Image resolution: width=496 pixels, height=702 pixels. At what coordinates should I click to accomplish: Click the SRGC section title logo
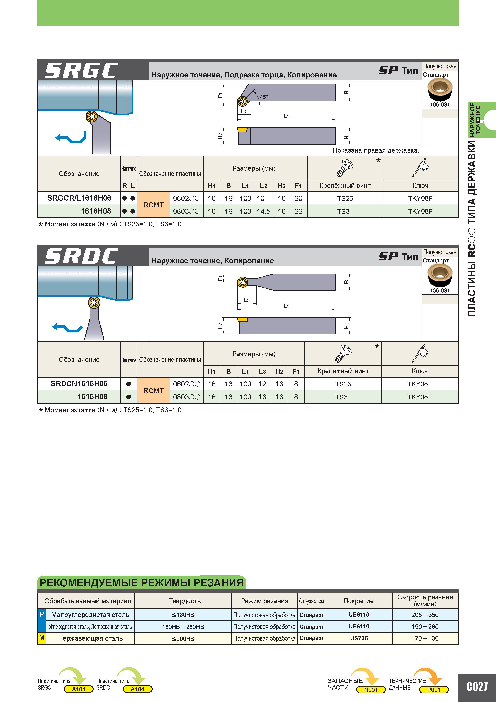click(81, 70)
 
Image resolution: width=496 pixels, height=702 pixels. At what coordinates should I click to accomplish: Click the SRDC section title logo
click(81, 256)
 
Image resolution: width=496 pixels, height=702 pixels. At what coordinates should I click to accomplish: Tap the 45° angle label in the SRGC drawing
click(264, 97)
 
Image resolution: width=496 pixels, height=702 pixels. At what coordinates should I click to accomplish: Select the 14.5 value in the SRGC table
click(263, 211)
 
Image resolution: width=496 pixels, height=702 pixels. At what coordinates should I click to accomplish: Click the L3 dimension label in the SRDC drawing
click(247, 300)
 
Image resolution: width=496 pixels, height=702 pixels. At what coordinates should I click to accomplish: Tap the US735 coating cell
click(359, 638)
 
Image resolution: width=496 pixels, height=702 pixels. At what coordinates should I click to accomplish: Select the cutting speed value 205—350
click(425, 615)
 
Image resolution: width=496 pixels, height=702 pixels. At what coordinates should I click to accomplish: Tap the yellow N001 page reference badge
click(371, 689)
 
